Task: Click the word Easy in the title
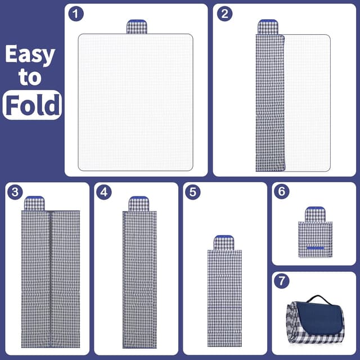click(30, 54)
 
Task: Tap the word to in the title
click(30, 77)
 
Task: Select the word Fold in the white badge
click(33, 105)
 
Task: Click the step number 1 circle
click(76, 13)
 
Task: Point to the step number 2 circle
click(224, 13)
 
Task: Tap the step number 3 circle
click(15, 192)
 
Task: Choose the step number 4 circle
click(103, 192)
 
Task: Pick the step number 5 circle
click(192, 192)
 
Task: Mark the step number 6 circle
click(281, 191)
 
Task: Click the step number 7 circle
click(281, 281)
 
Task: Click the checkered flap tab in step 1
click(137, 27)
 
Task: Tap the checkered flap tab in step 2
click(268, 27)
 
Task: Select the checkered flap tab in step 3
click(34, 204)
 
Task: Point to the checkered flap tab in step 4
click(139, 204)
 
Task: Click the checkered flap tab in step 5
click(224, 242)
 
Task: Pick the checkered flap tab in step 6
click(315, 214)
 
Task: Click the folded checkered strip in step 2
click(270, 103)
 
